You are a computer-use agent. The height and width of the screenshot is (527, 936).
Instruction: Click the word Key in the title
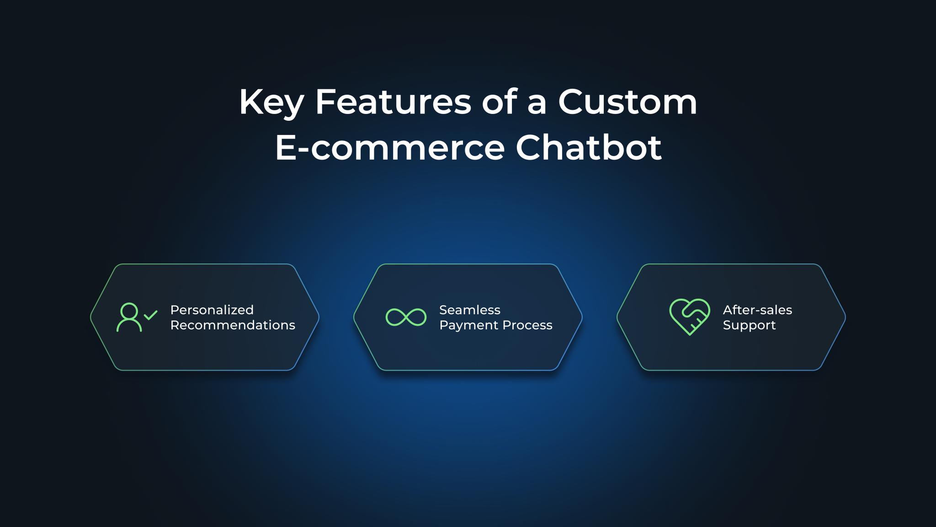(271, 102)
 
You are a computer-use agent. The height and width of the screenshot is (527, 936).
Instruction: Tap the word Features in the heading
(393, 102)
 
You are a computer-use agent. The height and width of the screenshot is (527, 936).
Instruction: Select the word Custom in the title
(628, 102)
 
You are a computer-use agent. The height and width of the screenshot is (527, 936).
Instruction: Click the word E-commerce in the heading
(390, 147)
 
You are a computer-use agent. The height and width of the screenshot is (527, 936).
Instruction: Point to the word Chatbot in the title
(589, 147)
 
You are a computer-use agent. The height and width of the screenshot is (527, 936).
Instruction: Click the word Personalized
(212, 310)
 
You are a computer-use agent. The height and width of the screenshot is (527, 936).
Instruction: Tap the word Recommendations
(233, 325)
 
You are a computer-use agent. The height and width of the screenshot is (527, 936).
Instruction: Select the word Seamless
(470, 310)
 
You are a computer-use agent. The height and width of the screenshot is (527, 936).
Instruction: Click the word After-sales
(757, 310)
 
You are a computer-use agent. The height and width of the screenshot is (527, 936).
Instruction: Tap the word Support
(749, 325)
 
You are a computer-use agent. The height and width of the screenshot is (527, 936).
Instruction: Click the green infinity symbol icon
(406, 317)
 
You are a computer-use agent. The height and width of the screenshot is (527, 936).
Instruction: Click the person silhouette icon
(129, 317)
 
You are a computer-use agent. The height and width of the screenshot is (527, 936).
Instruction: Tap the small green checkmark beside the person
(150, 315)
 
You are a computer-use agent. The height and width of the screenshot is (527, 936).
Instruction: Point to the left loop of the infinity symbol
(395, 317)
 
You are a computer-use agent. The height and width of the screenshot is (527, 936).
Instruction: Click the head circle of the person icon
(129, 311)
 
